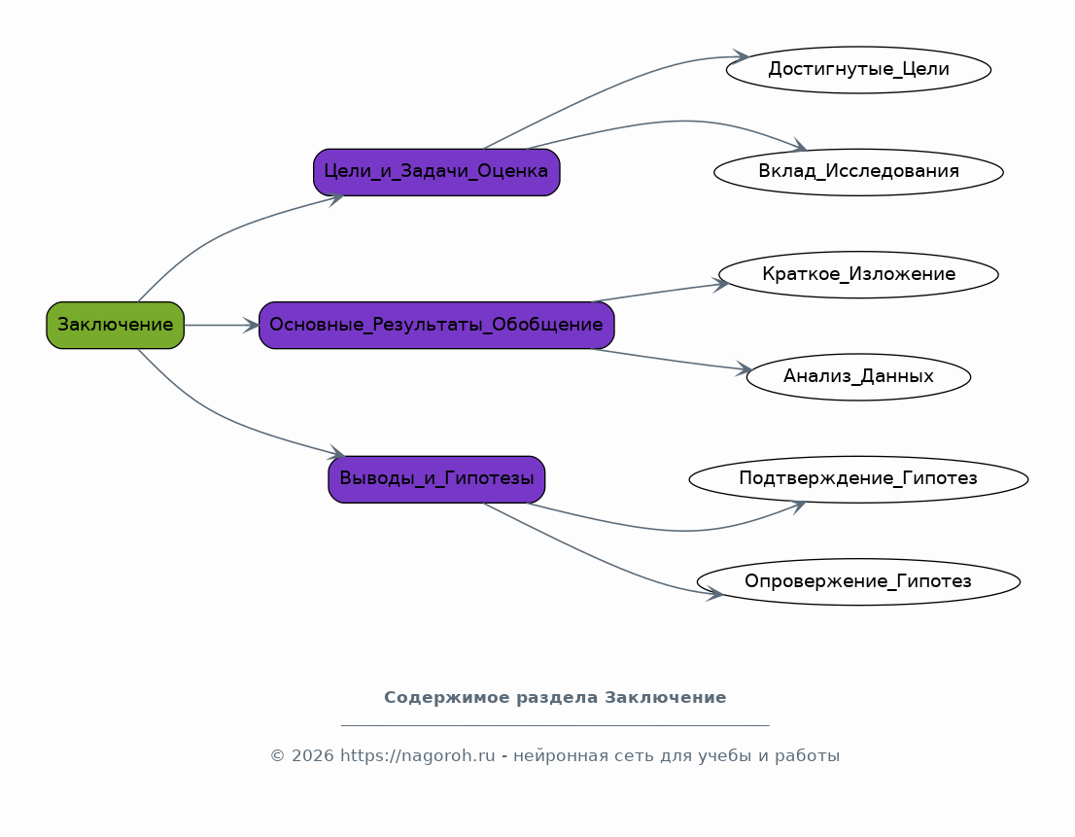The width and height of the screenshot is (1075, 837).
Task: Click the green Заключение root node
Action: (x=115, y=326)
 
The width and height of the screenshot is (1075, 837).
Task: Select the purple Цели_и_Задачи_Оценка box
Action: (x=436, y=172)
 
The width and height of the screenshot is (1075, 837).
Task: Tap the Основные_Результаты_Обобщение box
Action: (x=436, y=326)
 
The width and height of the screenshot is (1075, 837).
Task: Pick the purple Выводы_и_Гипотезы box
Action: (x=436, y=479)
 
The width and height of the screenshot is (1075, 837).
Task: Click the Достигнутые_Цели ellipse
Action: (x=858, y=70)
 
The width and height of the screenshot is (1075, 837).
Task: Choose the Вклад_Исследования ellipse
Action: (x=858, y=172)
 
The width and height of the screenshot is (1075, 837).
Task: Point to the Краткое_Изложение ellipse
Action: (x=858, y=275)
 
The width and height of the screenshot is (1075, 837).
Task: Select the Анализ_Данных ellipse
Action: (x=858, y=377)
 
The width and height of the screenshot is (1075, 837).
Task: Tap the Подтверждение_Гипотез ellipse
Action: (x=858, y=479)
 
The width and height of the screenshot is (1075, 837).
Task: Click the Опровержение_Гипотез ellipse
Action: (x=858, y=582)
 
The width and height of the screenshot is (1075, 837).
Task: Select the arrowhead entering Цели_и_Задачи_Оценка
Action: (x=336, y=198)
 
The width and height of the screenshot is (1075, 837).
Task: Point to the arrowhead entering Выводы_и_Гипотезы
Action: (x=337, y=454)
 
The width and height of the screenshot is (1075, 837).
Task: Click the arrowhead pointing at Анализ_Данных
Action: (x=744, y=369)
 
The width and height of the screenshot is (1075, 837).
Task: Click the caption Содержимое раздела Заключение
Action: (x=555, y=698)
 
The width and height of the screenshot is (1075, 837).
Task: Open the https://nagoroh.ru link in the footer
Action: (x=417, y=756)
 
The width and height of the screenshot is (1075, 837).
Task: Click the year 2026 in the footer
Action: (x=311, y=756)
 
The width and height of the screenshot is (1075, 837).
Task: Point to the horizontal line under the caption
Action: (x=555, y=725)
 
